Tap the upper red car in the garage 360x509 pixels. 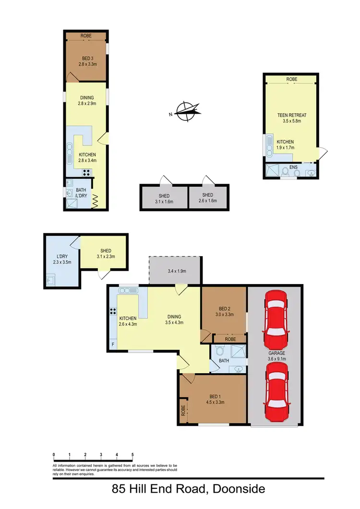(275, 315)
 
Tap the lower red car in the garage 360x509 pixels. (275, 391)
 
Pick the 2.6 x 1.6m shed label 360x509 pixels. (208, 198)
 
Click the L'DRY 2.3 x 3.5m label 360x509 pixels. (62, 260)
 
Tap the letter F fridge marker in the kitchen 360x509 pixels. (113, 343)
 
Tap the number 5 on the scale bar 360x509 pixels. (132, 454)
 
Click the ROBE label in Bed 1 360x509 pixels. (183, 411)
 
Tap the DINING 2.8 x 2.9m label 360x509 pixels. (87, 100)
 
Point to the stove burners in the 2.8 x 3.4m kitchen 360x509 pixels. (87, 173)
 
